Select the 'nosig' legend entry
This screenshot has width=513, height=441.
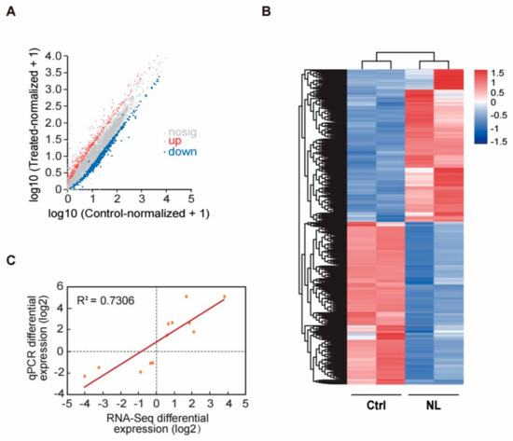click(x=178, y=132)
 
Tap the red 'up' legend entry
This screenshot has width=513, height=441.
click(x=174, y=142)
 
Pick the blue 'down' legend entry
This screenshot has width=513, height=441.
click(x=178, y=152)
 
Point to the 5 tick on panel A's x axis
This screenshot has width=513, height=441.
click(x=190, y=198)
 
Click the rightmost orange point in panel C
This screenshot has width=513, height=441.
click(x=224, y=296)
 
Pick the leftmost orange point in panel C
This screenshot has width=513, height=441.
click(x=85, y=376)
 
